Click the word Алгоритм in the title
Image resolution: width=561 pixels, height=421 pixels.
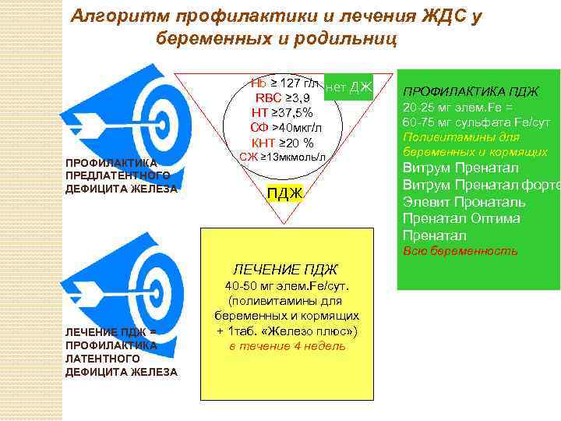(x=118, y=16)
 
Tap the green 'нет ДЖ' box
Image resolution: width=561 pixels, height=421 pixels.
(x=349, y=87)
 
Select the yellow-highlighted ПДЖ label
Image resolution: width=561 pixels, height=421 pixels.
(x=284, y=193)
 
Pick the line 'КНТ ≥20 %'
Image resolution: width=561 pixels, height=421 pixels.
(x=283, y=143)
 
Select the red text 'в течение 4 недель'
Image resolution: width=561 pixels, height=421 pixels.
(x=286, y=345)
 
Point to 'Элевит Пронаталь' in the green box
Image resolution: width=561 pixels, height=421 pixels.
(x=464, y=201)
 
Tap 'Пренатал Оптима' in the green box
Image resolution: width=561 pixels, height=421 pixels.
(x=460, y=218)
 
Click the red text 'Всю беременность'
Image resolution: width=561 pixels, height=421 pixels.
(x=460, y=251)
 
